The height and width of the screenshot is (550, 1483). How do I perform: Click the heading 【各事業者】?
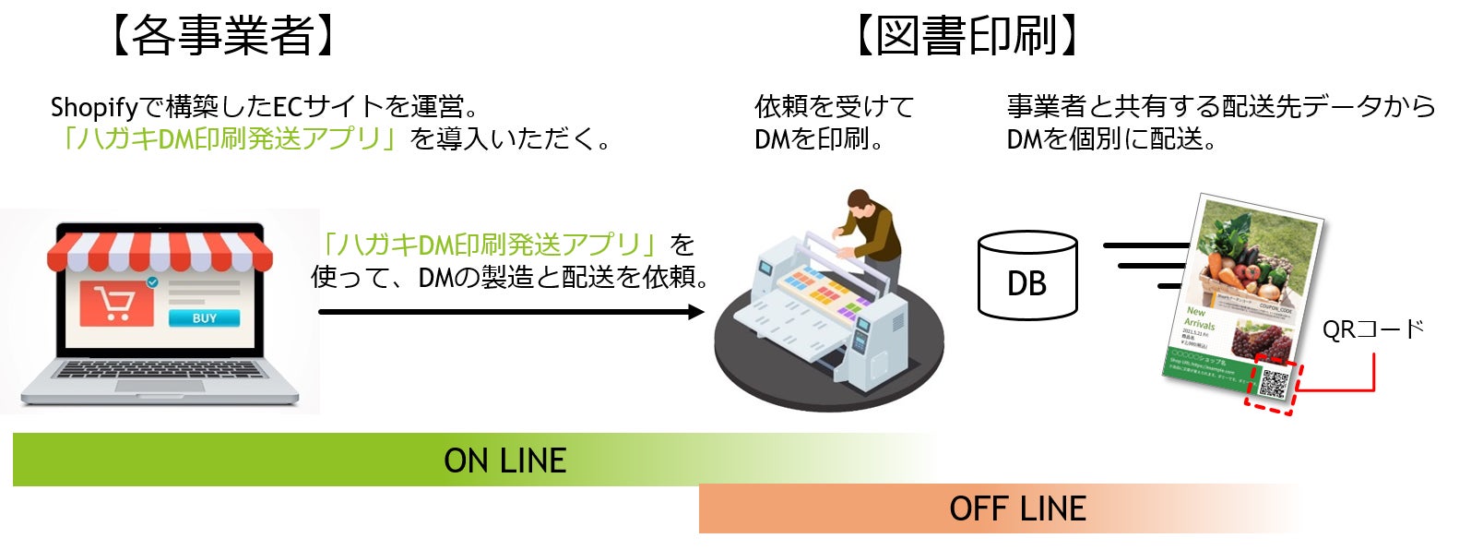click(x=221, y=36)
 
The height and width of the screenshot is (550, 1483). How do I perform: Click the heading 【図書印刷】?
click(x=966, y=36)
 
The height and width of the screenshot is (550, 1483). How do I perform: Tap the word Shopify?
click(x=93, y=108)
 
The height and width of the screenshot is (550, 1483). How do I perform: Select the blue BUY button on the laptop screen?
click(x=204, y=318)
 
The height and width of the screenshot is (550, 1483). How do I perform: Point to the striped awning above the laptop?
click(x=160, y=247)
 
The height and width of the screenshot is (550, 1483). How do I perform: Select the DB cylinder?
click(x=1026, y=276)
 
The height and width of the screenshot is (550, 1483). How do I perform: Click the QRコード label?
click(x=1372, y=329)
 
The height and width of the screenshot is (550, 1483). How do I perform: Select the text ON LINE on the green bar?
click(x=504, y=460)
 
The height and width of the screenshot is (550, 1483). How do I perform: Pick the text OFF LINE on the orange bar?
click(x=1017, y=508)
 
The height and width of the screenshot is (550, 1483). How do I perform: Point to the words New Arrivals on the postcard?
click(x=1199, y=318)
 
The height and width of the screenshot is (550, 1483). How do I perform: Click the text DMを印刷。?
click(x=819, y=139)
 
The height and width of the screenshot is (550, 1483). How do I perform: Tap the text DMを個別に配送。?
click(x=1111, y=139)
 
